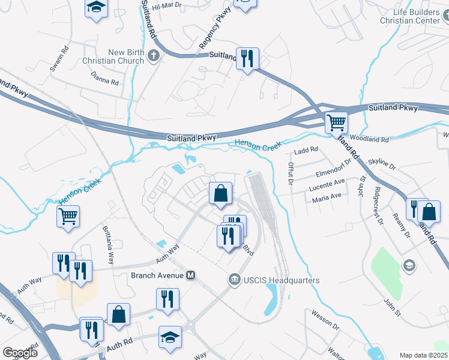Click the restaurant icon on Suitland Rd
click(247, 58)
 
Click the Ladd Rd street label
click(306, 149)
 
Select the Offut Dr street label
click(291, 173)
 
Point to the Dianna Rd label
click(105, 79)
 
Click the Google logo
click(20, 353)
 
